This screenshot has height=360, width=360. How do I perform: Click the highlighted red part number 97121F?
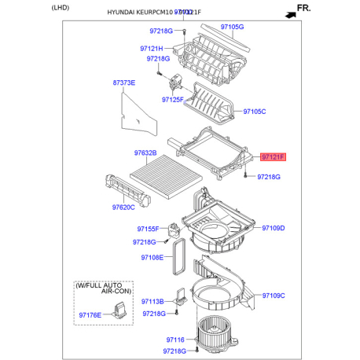(x=274, y=157)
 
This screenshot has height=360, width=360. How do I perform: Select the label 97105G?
(x=232, y=27)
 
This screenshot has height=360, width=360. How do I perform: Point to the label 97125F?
(x=172, y=100)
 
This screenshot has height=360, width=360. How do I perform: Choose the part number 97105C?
(x=254, y=112)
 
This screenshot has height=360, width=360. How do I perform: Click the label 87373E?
(x=123, y=83)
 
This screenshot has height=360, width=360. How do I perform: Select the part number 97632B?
(x=145, y=152)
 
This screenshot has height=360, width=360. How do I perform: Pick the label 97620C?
(x=123, y=208)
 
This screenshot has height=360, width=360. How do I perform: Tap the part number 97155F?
(x=148, y=229)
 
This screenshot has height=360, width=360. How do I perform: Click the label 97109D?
(x=272, y=229)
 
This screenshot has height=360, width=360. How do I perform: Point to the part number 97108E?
(x=152, y=257)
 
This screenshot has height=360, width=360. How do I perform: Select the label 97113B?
(x=152, y=301)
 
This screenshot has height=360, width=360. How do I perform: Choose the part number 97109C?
(x=272, y=296)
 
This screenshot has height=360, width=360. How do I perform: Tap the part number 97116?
(x=174, y=340)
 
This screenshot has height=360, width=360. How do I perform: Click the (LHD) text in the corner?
(x=61, y=7)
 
